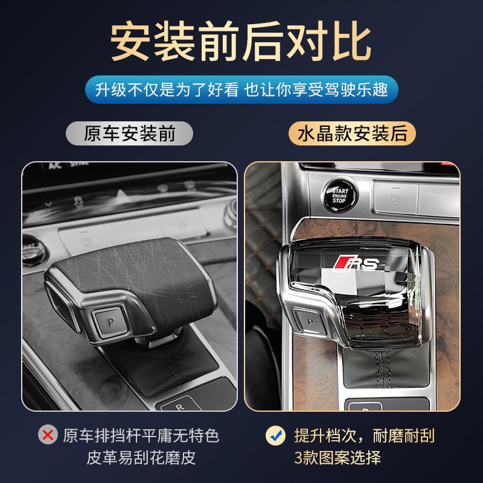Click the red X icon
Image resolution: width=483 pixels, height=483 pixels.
[48, 435]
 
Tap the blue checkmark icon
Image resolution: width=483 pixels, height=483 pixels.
[276, 435]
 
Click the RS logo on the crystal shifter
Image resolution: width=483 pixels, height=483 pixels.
[357, 263]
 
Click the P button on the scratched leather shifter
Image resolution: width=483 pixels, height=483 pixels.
[110, 322]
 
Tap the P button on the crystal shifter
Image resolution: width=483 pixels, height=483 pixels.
[309, 322]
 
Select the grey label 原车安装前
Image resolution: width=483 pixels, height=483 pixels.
[129, 133]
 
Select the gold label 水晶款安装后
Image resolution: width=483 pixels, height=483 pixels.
[352, 133]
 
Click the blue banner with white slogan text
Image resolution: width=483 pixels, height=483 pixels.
[241, 89]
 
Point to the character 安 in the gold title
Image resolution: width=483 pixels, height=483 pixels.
[130, 41]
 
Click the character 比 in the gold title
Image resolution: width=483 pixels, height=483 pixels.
[351, 41]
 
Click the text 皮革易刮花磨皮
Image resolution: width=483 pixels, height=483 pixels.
[141, 458]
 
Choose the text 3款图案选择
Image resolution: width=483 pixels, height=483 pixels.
[337, 458]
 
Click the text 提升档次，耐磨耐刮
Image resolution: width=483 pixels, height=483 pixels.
[364, 435]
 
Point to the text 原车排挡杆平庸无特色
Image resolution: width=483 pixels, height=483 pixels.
[141, 435]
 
